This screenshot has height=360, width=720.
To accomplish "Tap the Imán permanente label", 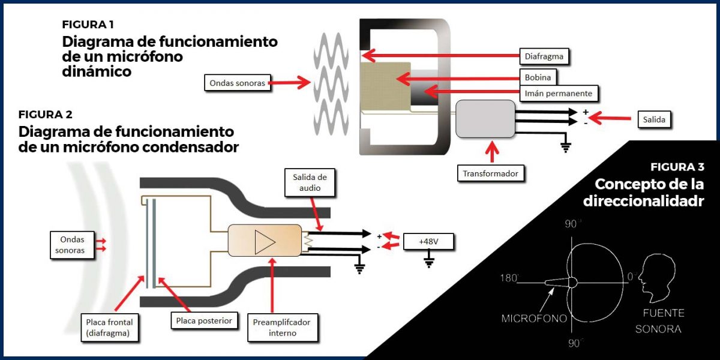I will pos(558,94).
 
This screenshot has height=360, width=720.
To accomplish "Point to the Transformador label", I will pos(490,174).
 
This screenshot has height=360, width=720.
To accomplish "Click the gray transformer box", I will pos(485,118).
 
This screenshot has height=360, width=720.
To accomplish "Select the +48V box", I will pos(428,242).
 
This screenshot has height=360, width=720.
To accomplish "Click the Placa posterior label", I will pos(203,320).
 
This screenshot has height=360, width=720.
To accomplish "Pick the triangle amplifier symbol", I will pos(265,241).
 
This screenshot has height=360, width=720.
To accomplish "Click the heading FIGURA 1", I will pos(88,25).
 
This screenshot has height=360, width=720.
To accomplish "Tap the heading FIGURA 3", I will pos(677,167).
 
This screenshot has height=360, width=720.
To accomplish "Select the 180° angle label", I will pos(511,279).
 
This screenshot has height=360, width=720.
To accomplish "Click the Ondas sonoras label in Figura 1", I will pos(238,83).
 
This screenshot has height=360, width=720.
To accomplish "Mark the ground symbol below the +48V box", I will pos(429,260).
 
